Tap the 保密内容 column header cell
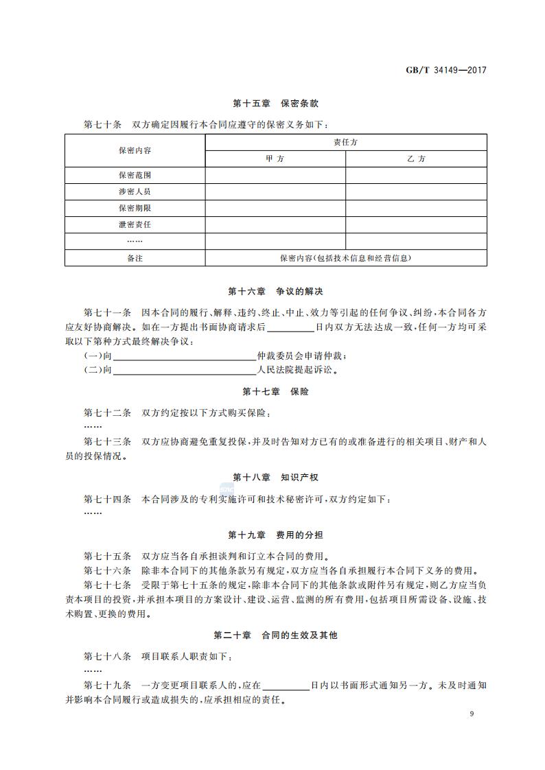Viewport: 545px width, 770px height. [135, 150]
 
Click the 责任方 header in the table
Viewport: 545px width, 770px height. [345, 142]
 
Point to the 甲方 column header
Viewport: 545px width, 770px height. [275, 159]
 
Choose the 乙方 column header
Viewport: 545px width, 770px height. [416, 159]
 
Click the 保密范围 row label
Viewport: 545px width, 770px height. [135, 175]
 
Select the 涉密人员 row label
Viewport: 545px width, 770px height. [135, 191]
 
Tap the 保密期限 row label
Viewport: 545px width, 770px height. [135, 208]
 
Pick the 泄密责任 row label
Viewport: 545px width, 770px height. [135, 224]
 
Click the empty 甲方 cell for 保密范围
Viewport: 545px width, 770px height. [275, 175]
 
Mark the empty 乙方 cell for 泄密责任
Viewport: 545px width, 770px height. [416, 224]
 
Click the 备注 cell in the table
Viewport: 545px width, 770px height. [135, 258]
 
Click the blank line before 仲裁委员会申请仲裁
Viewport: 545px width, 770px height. [184, 355]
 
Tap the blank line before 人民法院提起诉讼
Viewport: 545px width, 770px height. [184, 370]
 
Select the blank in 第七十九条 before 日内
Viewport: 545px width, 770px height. [286, 685]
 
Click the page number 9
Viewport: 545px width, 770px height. [472, 714]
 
